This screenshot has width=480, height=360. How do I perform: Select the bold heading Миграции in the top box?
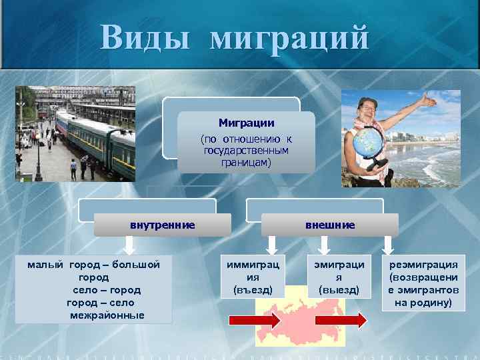click(x=246, y=123)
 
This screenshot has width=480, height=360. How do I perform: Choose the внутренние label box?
click(x=162, y=225)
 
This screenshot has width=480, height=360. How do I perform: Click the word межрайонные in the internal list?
click(x=107, y=315)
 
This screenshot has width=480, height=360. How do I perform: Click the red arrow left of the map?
click(x=254, y=321)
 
